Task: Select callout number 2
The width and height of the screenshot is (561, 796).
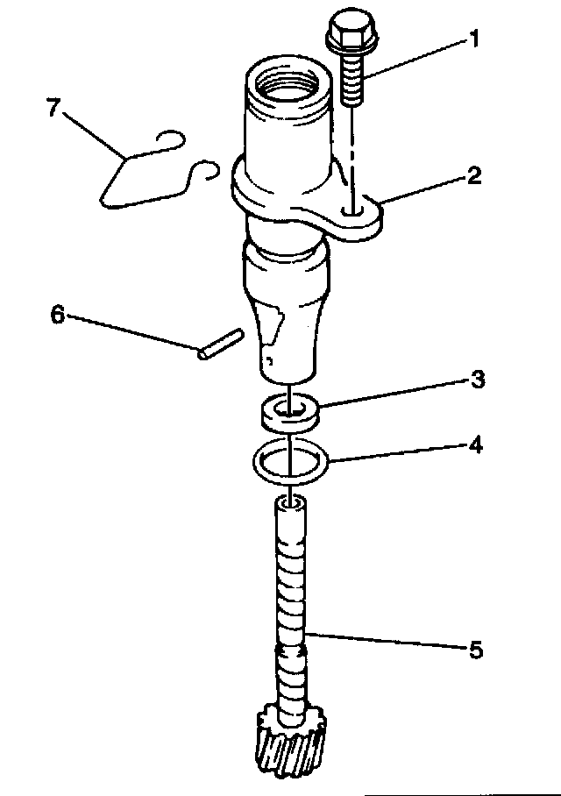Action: click(x=473, y=176)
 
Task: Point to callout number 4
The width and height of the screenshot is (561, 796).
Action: click(x=476, y=444)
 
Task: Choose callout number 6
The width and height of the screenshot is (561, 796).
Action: click(x=58, y=315)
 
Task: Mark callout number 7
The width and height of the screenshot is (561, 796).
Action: click(x=54, y=110)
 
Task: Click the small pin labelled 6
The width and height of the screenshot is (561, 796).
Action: click(x=219, y=344)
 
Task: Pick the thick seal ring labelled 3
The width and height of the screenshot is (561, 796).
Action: click(x=287, y=411)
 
